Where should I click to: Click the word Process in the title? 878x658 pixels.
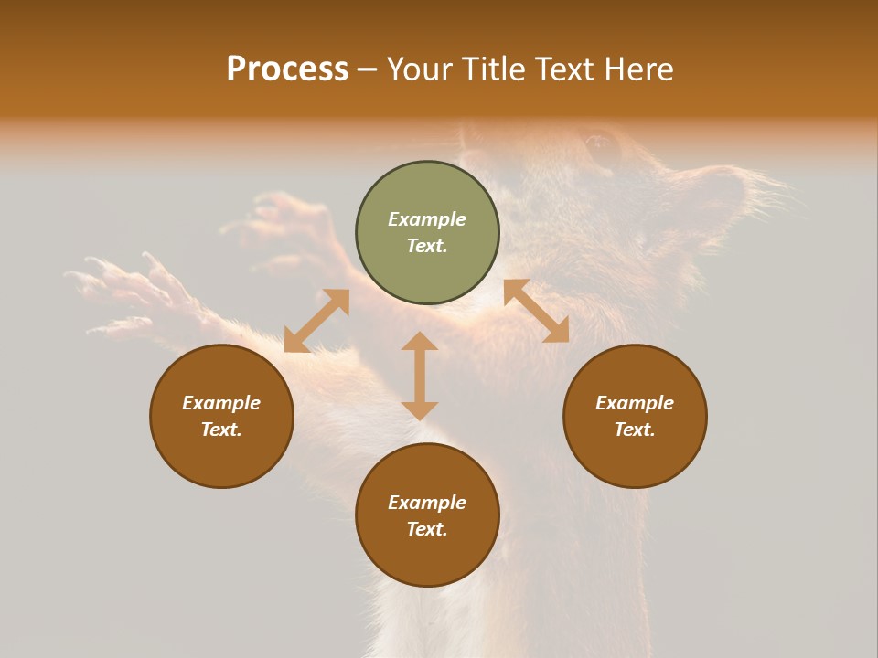[x=287, y=69]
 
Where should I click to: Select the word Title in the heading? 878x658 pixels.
[x=495, y=69]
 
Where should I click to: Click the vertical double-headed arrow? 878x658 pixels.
[x=420, y=376]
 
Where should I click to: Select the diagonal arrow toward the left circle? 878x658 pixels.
[x=316, y=321]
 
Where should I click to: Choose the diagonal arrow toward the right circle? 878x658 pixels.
[x=536, y=311]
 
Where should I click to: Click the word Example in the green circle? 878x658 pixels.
[x=427, y=219]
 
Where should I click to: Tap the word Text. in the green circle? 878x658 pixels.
[x=427, y=246]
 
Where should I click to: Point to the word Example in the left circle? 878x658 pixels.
[x=221, y=403]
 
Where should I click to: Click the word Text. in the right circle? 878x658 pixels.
[x=635, y=430]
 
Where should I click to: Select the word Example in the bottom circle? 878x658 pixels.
[x=427, y=503]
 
